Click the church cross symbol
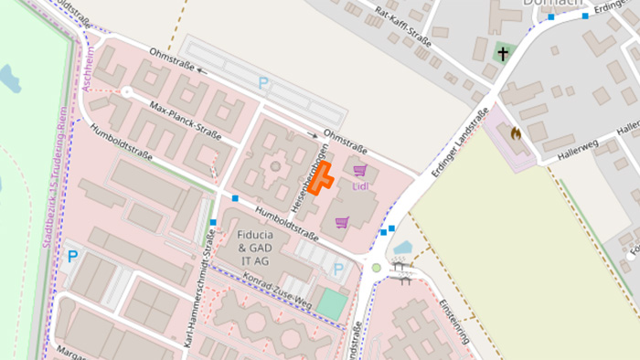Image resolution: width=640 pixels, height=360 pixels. (x=501, y=53)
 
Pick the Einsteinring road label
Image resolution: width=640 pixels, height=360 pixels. (x=454, y=320)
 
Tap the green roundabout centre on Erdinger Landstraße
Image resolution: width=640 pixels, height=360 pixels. (x=376, y=268)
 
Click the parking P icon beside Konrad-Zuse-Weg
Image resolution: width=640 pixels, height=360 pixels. (x=339, y=270)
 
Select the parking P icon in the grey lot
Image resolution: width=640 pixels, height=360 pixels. (x=263, y=83)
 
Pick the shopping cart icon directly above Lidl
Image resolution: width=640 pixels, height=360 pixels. (x=360, y=169)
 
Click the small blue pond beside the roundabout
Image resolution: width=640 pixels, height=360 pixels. (x=402, y=247)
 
